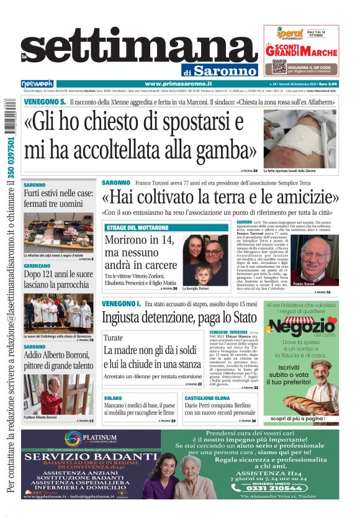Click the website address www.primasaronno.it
178,84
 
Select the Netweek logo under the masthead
37,84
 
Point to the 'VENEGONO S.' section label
45,102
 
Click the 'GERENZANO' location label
37,265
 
